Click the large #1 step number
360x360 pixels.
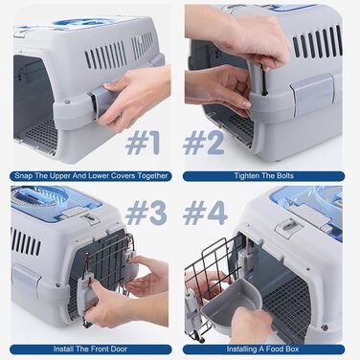pyautogui.click(x=143, y=144)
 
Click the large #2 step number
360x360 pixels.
pyautogui.click(x=204, y=144)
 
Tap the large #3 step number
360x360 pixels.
pyautogui.click(x=146, y=214)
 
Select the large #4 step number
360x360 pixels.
pyautogui.click(x=206, y=214)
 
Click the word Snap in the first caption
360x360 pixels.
pyautogui.click(x=23, y=176)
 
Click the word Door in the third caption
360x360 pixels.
pyautogui.click(x=119, y=349)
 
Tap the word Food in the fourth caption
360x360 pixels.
pyautogui.click(x=272, y=349)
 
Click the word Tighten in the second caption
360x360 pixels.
pyautogui.click(x=246, y=176)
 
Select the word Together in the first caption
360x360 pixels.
pyautogui.click(x=152, y=176)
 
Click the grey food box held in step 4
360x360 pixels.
pyautogui.click(x=232, y=305)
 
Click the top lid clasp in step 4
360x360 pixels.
pyautogui.click(x=289, y=227)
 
